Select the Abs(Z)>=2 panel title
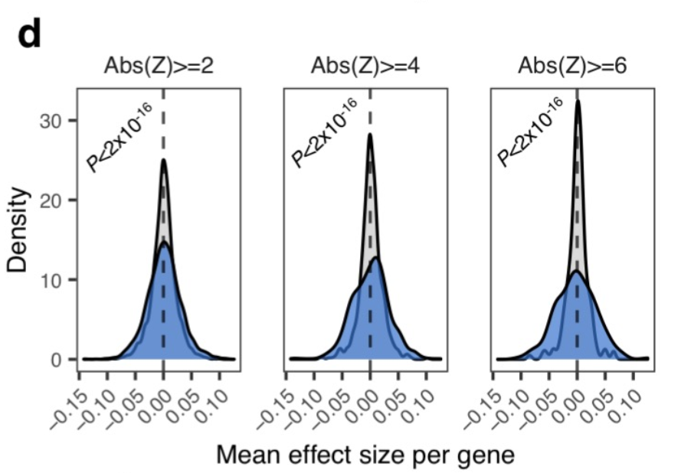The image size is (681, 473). [159, 66]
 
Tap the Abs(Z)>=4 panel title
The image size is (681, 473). [365, 66]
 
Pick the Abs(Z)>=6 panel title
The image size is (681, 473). [572, 66]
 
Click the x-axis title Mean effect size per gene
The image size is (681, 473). [365, 454]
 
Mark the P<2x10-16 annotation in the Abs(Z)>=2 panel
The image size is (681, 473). [119, 135]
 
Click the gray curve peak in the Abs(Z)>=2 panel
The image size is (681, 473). [164, 160]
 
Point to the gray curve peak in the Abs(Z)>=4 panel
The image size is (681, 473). [370, 135]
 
